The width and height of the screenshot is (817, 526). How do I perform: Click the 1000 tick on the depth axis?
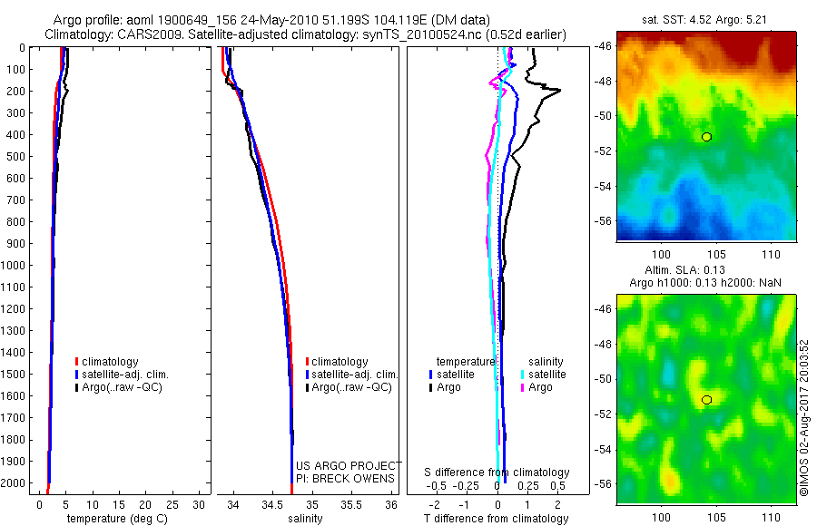pos(15,265)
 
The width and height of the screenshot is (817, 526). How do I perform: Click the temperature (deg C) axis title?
pos(113,519)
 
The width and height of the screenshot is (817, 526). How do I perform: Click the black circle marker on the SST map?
pos(706,137)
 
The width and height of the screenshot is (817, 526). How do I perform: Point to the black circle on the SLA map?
pos(706,400)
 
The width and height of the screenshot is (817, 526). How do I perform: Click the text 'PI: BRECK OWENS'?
pos(346,478)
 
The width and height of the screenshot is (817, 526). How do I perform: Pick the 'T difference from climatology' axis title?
pos(496,519)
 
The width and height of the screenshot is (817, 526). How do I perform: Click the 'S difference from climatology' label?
pos(497,472)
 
